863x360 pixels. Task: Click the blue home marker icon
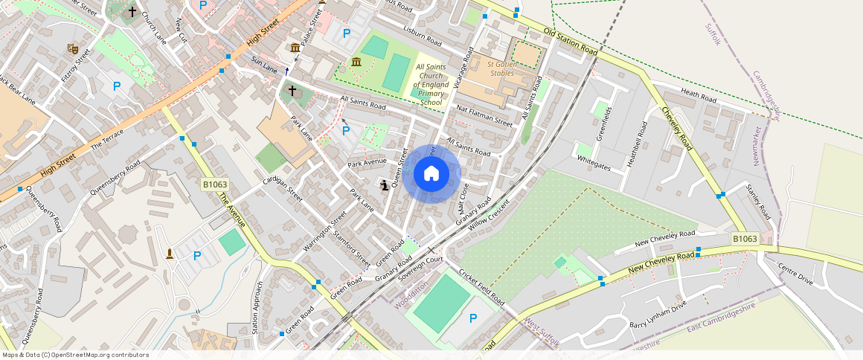[x=431, y=174]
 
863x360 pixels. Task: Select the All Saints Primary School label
[x=431, y=85]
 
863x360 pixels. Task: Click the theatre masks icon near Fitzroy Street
[x=73, y=48]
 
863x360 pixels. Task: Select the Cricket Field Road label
[x=481, y=287]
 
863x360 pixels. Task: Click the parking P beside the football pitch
[x=473, y=318]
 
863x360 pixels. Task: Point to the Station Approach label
[x=257, y=307]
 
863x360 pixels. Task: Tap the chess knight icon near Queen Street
[x=384, y=185]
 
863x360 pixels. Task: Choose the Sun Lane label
[x=264, y=65]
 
